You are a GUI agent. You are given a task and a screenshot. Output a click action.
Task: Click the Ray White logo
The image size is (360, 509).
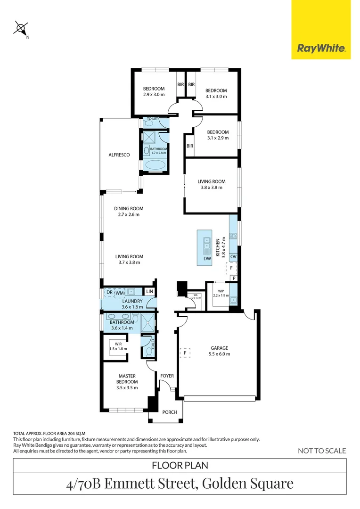pyautogui.click(x=321, y=48)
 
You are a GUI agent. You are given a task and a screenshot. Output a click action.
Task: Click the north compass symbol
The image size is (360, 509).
pyautogui.click(x=21, y=29)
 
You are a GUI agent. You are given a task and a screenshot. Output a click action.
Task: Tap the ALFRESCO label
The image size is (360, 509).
pyautogui.click(x=119, y=155)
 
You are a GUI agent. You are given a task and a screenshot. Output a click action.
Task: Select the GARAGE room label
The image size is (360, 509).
pyautogui.click(x=220, y=348)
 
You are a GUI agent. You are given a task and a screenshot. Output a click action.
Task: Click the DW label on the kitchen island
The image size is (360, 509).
pyautogui.click(x=207, y=259)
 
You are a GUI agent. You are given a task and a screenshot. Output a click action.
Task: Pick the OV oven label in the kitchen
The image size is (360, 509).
pyautogui.click(x=233, y=256)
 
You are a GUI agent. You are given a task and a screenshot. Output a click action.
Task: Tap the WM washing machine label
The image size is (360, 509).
pyautogui.click(x=120, y=293)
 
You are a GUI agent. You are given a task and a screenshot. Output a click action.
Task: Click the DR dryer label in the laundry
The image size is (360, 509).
pyautogui.click(x=109, y=293)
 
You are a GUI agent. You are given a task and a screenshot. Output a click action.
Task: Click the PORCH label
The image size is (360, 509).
pyautogui.click(x=170, y=412)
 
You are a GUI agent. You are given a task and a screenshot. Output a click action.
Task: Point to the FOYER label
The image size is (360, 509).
pyautogui.click(x=167, y=376)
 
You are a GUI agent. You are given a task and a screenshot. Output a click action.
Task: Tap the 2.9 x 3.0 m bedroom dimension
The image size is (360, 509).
pyautogui.click(x=154, y=95)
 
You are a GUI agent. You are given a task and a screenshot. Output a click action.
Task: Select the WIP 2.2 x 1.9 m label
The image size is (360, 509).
pyautogui.click(x=221, y=293)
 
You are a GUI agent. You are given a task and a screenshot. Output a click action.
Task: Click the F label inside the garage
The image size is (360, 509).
pyautogui.click(x=186, y=353)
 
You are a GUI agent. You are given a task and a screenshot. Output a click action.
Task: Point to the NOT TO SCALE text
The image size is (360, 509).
pyautogui.click(x=322, y=451)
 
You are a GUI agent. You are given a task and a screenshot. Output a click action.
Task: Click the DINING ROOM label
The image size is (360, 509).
pyautogui.click(x=129, y=208)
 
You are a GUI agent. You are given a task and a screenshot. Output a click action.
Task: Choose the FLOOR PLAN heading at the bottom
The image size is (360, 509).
pyautogui.click(x=180, y=466)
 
